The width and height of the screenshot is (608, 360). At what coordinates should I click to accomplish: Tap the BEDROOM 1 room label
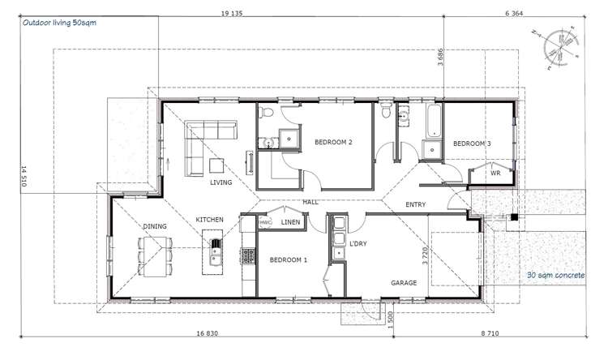click(x=288, y=259)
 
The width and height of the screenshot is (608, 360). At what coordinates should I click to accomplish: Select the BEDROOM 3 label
click(x=471, y=144)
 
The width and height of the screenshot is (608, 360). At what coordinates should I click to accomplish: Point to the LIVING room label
click(x=221, y=182)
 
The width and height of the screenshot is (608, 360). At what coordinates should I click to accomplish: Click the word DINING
click(x=155, y=226)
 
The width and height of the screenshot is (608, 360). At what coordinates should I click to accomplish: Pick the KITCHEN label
click(x=209, y=220)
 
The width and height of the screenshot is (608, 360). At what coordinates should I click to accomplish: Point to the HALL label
click(x=310, y=202)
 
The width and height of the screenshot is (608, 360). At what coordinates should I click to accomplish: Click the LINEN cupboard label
click(x=290, y=222)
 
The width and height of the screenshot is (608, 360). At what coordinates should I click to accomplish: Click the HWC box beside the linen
click(x=265, y=222)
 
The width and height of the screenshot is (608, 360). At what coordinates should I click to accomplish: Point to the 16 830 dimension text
click(x=209, y=332)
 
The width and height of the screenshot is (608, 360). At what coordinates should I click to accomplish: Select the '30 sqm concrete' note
click(x=555, y=276)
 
